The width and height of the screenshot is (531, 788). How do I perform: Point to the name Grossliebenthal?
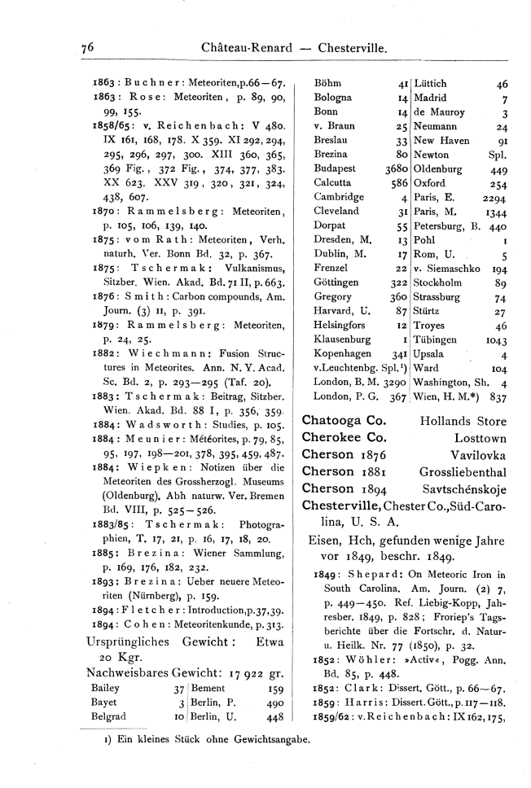pyautogui.click(x=462, y=471)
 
